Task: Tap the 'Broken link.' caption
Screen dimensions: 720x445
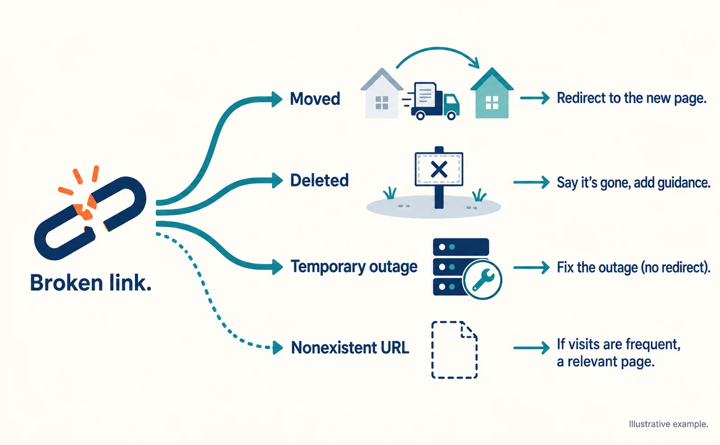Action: pos(91,283)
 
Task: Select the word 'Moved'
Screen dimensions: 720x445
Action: pos(315,99)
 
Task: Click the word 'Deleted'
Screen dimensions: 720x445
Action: pos(320,180)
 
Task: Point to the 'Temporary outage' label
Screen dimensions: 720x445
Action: pos(354,267)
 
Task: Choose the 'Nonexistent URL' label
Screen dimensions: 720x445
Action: pos(350,348)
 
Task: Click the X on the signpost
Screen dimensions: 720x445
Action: pos(439,169)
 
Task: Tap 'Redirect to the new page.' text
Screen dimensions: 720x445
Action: pos(632,98)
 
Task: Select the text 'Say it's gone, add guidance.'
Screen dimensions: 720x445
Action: pos(633,182)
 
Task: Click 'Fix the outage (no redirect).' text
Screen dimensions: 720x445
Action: pos(633,267)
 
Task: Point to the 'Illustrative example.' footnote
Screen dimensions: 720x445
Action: pos(669,424)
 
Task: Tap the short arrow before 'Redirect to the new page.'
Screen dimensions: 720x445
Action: pos(535,98)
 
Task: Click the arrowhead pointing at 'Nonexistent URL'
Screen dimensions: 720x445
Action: pos(278,348)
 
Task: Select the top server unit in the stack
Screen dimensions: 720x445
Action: pos(461,247)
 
